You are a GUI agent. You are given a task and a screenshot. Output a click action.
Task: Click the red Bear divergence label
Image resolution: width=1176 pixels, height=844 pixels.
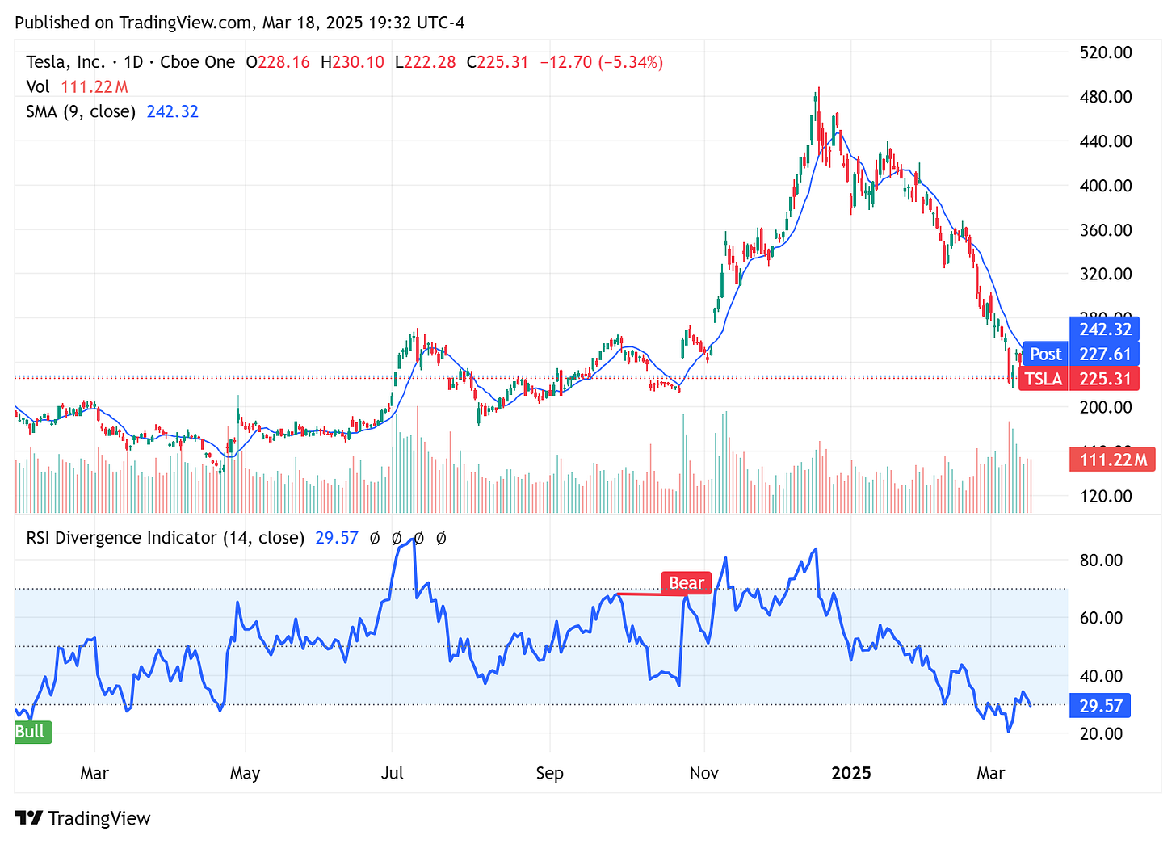686,583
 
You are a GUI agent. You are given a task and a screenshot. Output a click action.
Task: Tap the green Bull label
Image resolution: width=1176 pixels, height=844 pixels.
31,732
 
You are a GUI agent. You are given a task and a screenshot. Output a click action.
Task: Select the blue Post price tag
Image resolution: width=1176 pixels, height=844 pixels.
1045,354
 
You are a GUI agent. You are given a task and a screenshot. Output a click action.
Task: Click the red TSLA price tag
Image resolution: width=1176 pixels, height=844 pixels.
1044,379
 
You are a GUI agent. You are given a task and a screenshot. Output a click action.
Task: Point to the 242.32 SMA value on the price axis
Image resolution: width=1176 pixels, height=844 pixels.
1104,330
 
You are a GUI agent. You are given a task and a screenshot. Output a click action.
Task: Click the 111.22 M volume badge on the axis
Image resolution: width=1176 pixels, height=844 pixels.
1111,460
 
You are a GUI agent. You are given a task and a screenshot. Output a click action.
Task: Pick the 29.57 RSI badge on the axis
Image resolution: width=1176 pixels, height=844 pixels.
1100,706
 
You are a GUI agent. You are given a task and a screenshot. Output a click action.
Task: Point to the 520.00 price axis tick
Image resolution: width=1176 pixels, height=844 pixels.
1106,52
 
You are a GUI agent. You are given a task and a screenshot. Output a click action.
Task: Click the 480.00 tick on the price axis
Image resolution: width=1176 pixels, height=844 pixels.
1106,97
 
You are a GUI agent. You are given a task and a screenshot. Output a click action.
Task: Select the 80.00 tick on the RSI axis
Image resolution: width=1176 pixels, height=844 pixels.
1101,561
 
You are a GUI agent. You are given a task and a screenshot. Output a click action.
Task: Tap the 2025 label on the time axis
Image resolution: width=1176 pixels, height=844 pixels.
851,773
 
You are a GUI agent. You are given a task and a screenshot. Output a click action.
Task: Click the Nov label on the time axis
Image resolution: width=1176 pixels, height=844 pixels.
704,773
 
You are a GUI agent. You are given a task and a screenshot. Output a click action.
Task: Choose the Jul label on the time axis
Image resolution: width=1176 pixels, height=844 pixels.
393,773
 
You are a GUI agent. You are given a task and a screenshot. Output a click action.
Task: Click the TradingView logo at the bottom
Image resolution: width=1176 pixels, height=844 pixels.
83,818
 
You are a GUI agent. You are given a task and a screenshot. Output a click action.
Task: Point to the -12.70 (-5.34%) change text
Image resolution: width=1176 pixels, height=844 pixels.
601,62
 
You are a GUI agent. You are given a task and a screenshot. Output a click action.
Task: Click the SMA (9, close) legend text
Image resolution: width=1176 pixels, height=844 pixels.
81,111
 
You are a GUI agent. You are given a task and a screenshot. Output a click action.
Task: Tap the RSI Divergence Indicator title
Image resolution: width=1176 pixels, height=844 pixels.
165,538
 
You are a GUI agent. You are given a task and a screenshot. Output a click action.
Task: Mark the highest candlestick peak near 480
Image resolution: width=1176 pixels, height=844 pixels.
817,89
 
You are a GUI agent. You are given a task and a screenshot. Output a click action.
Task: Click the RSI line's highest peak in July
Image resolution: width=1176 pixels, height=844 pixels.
414,540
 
